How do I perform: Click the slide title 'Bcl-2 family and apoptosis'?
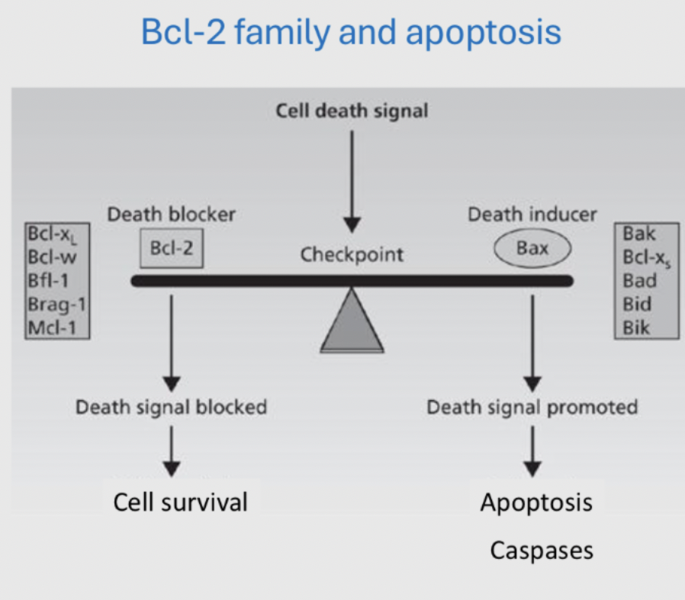pyautogui.click(x=351, y=32)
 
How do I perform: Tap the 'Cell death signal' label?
pyautogui.click(x=352, y=111)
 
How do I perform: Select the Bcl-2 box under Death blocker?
pyautogui.click(x=171, y=249)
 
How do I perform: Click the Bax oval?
pyautogui.click(x=532, y=249)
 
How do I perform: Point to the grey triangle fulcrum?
pyautogui.click(x=352, y=323)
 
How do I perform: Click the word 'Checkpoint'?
pyautogui.click(x=352, y=254)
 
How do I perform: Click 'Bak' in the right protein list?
pyautogui.click(x=638, y=233)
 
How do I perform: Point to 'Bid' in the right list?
pyautogui.click(x=637, y=304)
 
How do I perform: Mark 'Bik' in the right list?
pyautogui.click(x=637, y=327)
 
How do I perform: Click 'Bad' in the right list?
pyautogui.click(x=639, y=280)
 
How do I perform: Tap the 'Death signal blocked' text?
pyautogui.click(x=171, y=407)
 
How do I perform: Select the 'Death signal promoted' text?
pyautogui.click(x=532, y=407)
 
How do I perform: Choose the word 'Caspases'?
pyautogui.click(x=541, y=550)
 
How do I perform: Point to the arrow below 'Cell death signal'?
pyautogui.click(x=352, y=179)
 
